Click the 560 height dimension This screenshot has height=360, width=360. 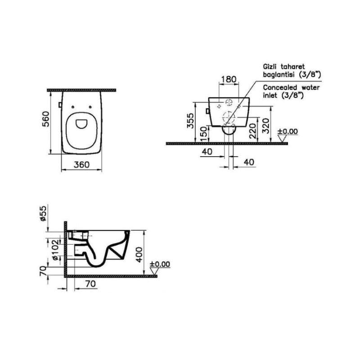(46, 119)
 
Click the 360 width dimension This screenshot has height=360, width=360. (81, 165)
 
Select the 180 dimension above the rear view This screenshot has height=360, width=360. (229, 80)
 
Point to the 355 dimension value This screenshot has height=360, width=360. (190, 121)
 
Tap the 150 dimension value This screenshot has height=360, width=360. (204, 134)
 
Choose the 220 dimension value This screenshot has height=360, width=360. (252, 131)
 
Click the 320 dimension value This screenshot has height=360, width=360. (266, 126)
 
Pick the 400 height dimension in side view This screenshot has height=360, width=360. (139, 255)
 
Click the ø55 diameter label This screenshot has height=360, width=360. (43, 213)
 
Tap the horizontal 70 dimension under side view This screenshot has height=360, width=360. (90, 284)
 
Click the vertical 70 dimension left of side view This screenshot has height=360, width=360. (43, 271)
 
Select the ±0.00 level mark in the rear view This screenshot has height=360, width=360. (288, 131)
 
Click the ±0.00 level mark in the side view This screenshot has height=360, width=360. (160, 264)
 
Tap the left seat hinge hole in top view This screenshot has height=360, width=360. (73, 107)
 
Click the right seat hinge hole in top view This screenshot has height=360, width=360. (90, 107)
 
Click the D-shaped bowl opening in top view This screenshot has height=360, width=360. (81, 123)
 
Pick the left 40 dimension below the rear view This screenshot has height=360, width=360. (207, 152)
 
